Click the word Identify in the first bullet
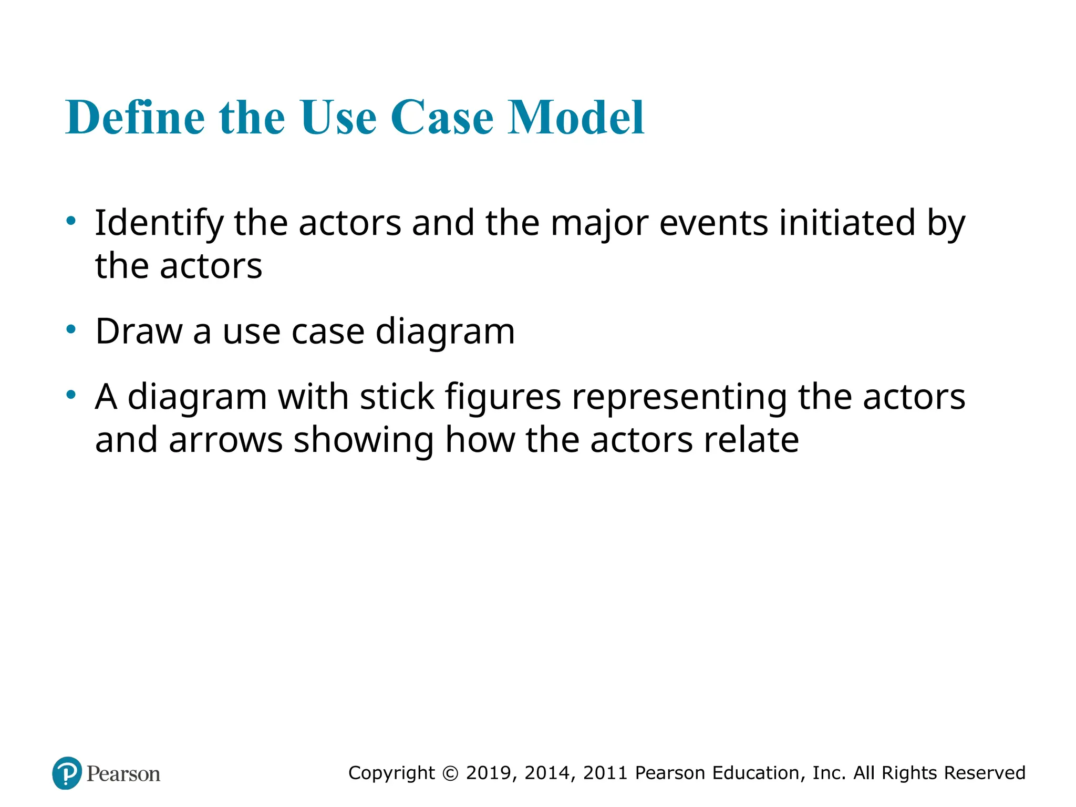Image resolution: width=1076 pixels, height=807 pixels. (x=159, y=223)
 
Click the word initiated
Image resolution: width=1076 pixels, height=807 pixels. (x=847, y=223)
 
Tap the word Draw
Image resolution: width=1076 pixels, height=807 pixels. (x=139, y=332)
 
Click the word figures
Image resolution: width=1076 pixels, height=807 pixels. (x=503, y=397)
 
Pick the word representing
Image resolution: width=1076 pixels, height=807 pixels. (x=679, y=397)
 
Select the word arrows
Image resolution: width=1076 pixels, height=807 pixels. (x=226, y=440)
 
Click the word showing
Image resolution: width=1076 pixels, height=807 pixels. (x=364, y=440)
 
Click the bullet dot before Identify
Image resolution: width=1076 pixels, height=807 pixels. (x=71, y=221)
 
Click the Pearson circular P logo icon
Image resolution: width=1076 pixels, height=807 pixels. (x=67, y=773)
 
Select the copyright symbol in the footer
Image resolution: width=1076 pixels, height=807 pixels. (x=450, y=773)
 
